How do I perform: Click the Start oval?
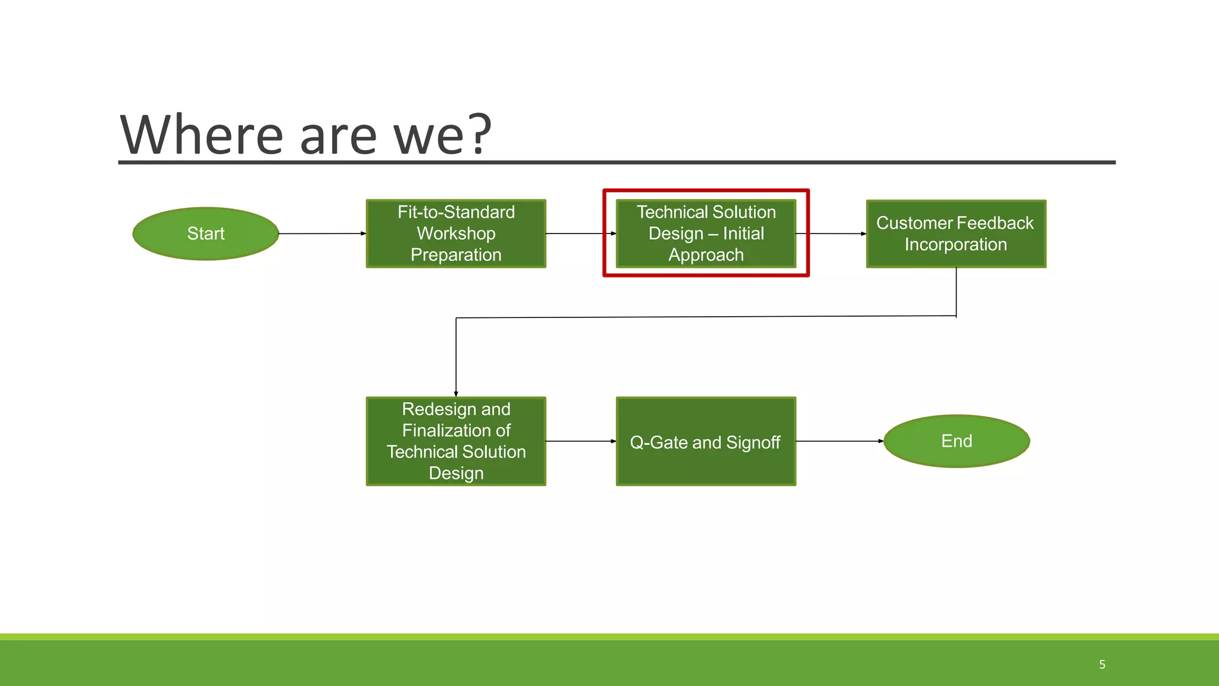click(x=205, y=233)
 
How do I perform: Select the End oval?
click(x=957, y=441)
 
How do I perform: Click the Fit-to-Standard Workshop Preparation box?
click(x=456, y=233)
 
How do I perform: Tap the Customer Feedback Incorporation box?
click(x=956, y=233)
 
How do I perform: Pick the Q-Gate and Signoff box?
click(x=706, y=442)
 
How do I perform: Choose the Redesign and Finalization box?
click(x=456, y=441)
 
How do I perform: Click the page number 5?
click(x=1102, y=665)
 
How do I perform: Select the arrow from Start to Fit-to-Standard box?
click(x=322, y=233)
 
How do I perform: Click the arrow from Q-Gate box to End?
click(x=839, y=441)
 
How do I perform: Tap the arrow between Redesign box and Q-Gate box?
click(x=580, y=441)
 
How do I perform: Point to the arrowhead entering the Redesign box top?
click(x=456, y=394)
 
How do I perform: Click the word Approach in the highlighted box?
click(x=706, y=255)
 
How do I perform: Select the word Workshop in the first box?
click(x=456, y=233)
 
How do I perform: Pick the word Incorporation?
click(x=956, y=244)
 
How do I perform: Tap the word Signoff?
click(x=753, y=442)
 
